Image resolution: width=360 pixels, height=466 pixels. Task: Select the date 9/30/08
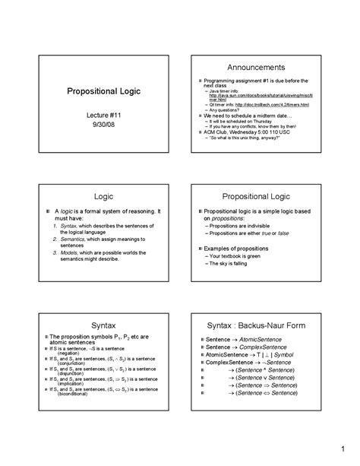click(x=98, y=122)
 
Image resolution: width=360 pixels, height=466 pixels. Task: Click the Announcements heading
click(x=259, y=67)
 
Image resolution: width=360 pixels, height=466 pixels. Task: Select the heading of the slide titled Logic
click(x=99, y=195)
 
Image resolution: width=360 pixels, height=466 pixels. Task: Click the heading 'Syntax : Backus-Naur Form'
click(x=259, y=325)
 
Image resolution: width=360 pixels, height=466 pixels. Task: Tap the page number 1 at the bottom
click(x=343, y=445)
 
